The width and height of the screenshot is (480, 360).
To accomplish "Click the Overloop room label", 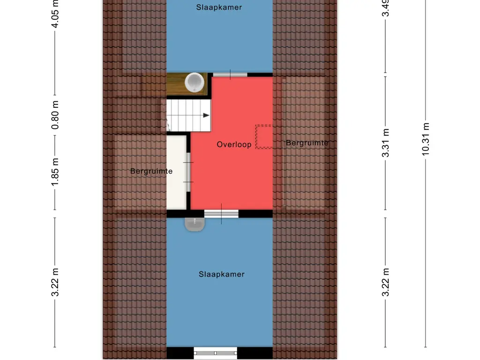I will click(x=234, y=145).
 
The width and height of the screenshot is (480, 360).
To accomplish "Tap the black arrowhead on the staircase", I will click(x=206, y=115).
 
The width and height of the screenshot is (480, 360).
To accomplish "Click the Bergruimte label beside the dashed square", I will click(x=307, y=143).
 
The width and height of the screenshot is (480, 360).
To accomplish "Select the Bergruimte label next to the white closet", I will click(x=151, y=172).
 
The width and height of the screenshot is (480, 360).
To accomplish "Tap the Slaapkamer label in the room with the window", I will click(x=221, y=274).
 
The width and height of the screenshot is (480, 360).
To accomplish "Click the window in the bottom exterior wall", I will click(x=216, y=353).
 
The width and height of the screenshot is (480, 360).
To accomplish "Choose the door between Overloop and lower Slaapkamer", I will click(x=221, y=214).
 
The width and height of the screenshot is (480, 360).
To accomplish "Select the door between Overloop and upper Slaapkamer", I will click(x=230, y=74).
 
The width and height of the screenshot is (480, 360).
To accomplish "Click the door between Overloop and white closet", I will click(x=188, y=172).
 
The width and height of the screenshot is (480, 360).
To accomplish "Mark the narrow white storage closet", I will click(x=176, y=172).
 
